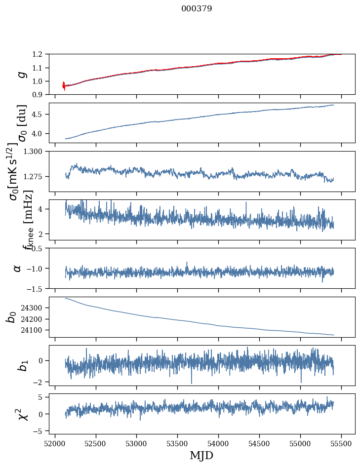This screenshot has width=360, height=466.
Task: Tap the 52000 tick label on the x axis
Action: click(x=55, y=443)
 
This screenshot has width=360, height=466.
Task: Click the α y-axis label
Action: click(x=18, y=268)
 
